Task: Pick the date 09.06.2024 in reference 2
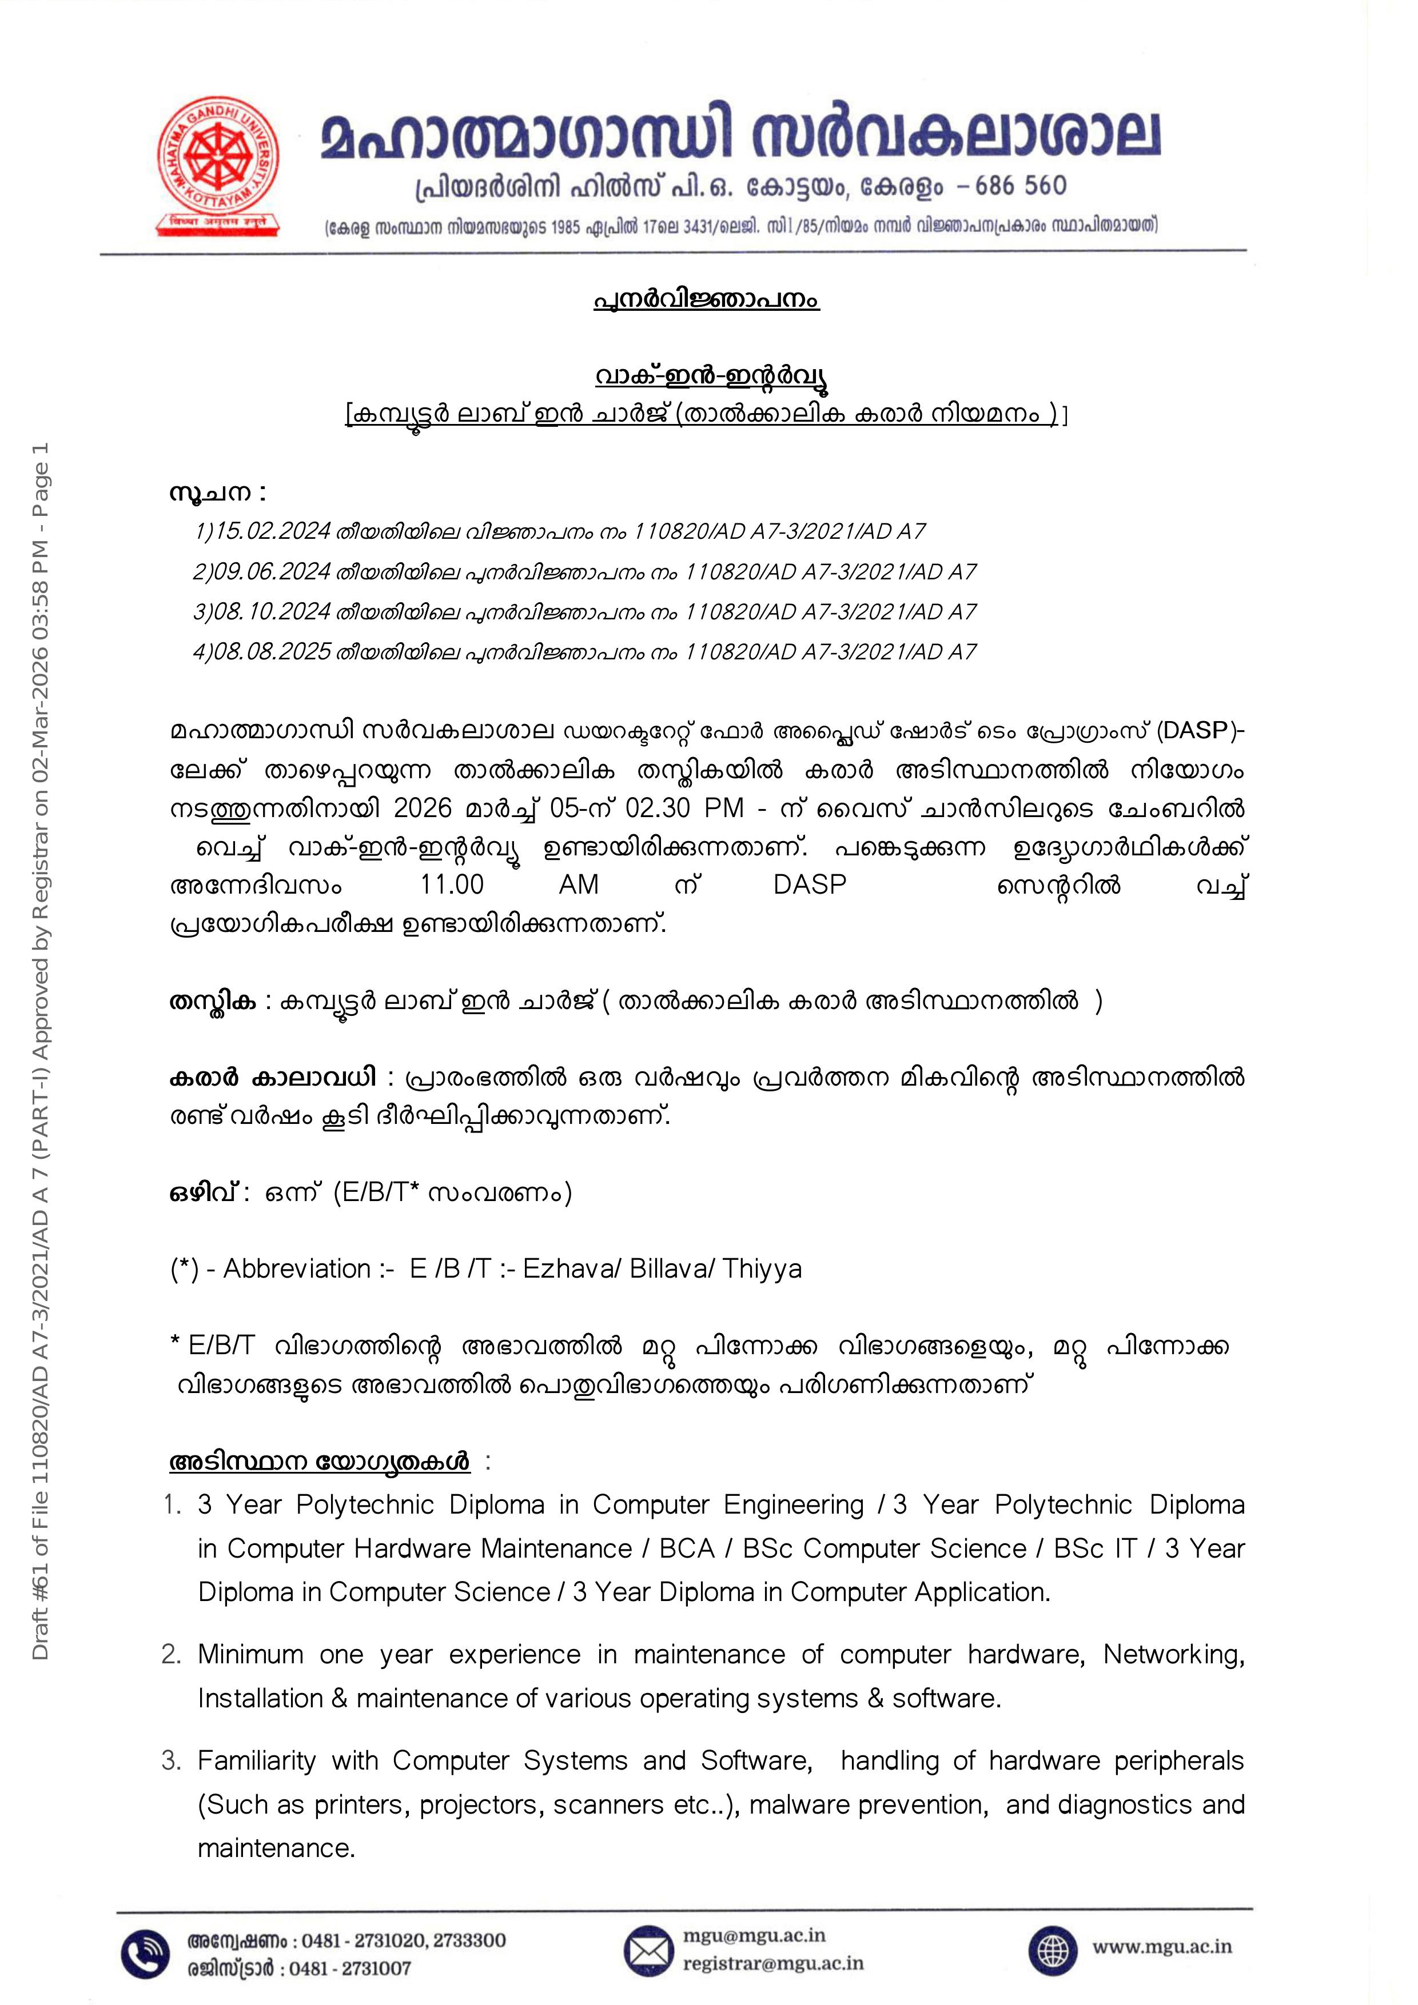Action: click(273, 572)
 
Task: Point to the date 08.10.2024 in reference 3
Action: click(273, 612)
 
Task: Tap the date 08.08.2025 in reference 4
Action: click(273, 653)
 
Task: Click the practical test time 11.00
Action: click(452, 885)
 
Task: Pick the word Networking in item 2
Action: click(1173, 1654)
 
